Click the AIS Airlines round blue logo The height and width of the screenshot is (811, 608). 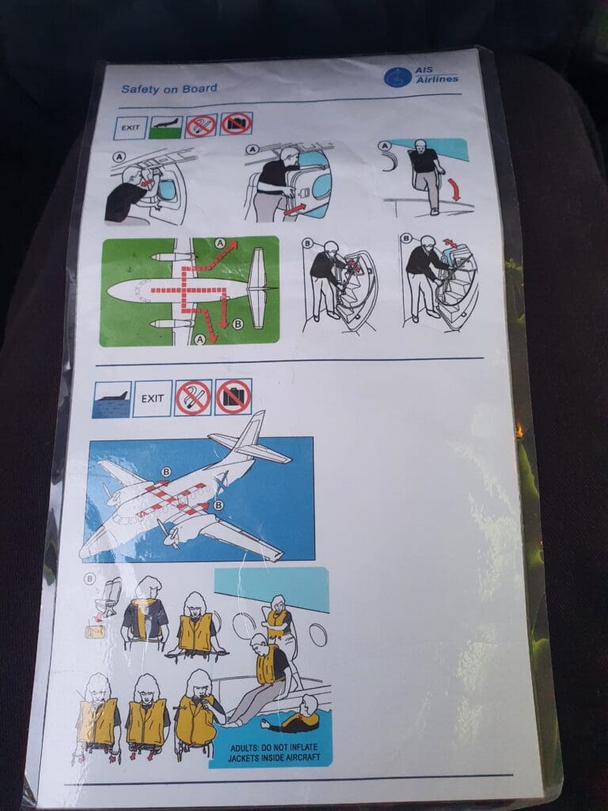(397, 78)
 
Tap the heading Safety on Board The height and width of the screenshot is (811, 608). (169, 89)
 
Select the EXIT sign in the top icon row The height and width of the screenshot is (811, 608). (131, 128)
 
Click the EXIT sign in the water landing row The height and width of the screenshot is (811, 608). (152, 398)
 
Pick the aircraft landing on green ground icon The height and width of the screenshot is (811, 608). (166, 128)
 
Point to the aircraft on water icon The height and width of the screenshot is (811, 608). (112, 399)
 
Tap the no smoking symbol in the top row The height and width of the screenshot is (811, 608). (201, 126)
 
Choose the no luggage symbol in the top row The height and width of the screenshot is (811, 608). (236, 124)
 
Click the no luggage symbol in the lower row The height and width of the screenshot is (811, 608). (234, 397)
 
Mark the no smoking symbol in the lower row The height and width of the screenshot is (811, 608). (193, 398)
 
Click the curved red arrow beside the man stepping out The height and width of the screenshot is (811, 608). (454, 189)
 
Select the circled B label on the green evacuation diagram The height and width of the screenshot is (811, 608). (237, 324)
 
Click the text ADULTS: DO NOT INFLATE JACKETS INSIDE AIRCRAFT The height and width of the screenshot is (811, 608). (274, 752)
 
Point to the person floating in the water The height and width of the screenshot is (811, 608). (293, 716)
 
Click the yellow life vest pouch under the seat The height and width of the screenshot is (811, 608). (95, 631)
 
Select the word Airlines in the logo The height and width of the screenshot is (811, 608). (437, 79)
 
